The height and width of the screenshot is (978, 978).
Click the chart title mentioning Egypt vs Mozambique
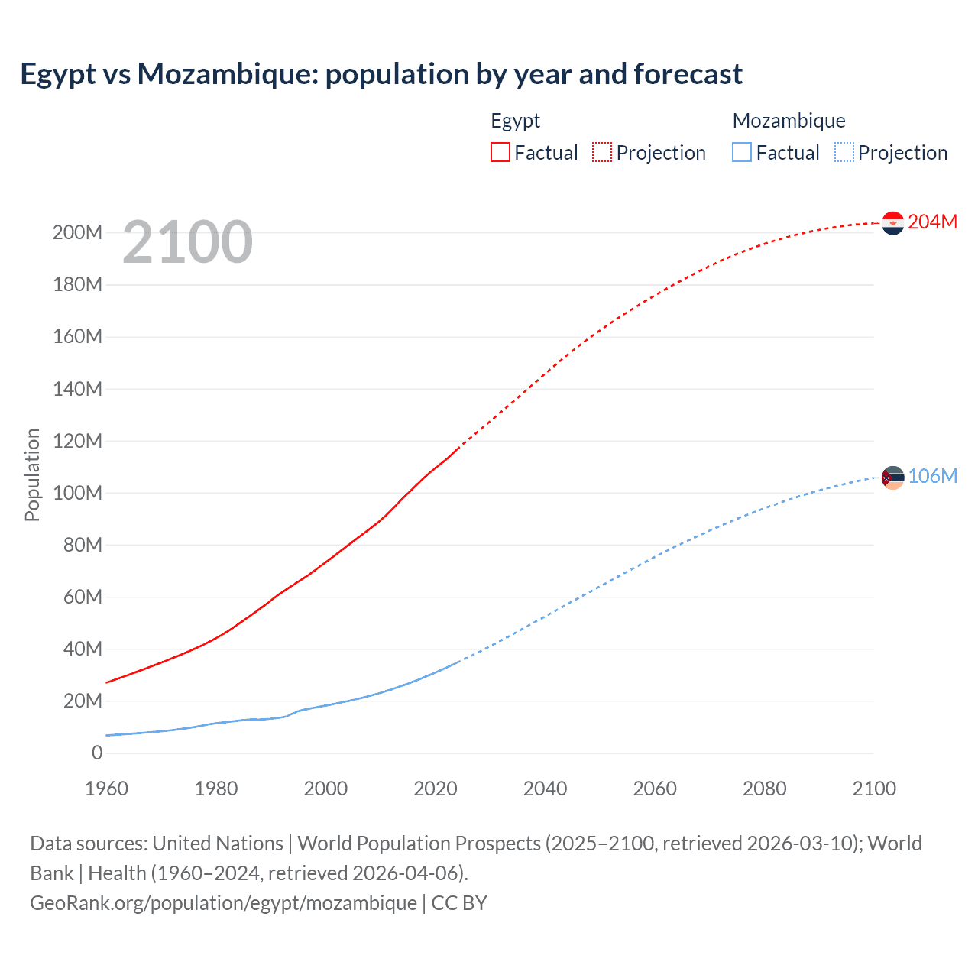[x=381, y=74]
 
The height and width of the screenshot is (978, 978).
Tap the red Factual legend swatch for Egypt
[x=500, y=152]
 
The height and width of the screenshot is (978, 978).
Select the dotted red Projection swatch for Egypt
[x=602, y=152]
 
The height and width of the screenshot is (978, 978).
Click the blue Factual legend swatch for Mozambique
[x=742, y=152]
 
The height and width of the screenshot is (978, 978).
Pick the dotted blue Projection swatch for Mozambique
[x=844, y=152]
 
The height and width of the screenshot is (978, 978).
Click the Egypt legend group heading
[x=515, y=121]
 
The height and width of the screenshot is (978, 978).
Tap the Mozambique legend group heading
[x=789, y=121]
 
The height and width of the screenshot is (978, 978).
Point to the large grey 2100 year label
[x=187, y=242]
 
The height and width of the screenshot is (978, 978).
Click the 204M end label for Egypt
[x=932, y=222]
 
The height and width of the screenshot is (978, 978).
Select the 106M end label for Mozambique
[x=932, y=476]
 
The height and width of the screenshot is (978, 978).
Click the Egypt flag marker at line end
[x=892, y=223]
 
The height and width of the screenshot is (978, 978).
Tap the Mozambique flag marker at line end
[x=892, y=478]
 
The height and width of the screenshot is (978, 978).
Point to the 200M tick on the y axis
[x=77, y=232]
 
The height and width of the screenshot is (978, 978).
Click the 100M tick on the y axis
[x=77, y=493]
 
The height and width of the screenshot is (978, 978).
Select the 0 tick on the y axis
[x=97, y=753]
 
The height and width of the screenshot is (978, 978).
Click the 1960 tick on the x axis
[x=107, y=789]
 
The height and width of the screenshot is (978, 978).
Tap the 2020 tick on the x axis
[x=436, y=789]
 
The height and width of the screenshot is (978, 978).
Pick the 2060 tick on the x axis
[x=655, y=789]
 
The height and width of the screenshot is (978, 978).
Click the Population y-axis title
[x=32, y=474]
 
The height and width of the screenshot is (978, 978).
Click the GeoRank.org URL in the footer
[x=223, y=903]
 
